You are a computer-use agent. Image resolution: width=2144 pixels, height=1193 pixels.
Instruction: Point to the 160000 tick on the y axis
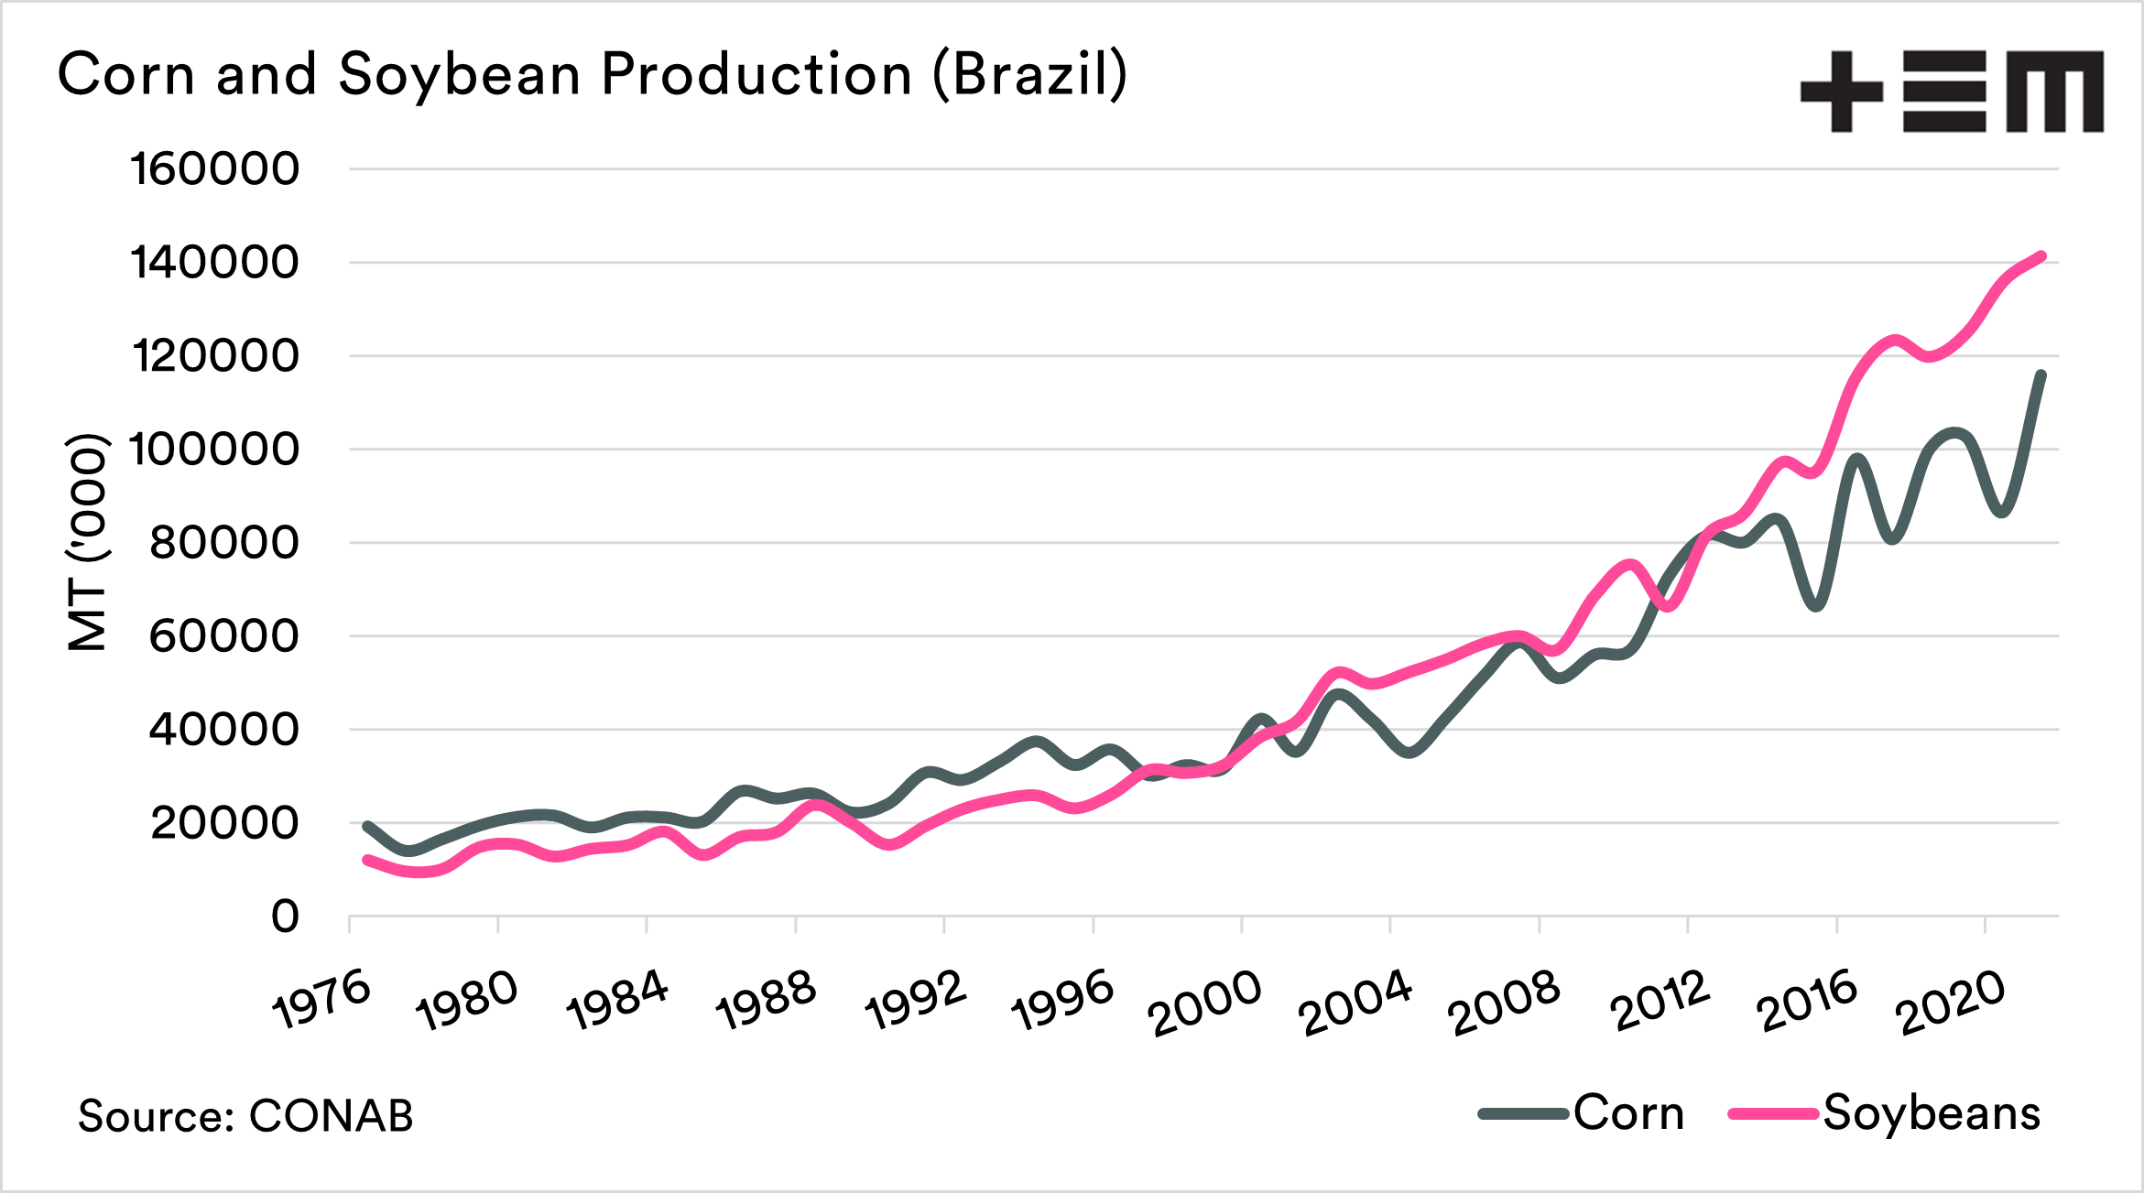click(x=214, y=169)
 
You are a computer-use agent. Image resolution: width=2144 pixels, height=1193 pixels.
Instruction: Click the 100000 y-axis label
click(x=214, y=450)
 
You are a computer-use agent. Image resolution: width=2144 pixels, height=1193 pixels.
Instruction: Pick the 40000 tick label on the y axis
click(x=223, y=730)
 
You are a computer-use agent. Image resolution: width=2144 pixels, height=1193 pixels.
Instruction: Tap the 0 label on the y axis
click(x=285, y=916)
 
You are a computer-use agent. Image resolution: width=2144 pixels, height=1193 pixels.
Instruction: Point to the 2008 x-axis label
click(x=1504, y=1003)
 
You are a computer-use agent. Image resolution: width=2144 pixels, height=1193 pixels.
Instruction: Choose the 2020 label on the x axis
click(x=1951, y=1003)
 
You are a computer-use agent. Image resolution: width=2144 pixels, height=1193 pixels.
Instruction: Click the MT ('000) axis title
click(x=88, y=542)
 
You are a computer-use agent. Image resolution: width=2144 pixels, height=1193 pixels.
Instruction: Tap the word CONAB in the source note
click(x=331, y=1116)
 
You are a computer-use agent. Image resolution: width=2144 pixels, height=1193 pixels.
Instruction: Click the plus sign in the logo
click(x=1841, y=92)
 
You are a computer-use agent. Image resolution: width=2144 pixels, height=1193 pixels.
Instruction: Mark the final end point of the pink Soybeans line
click(x=2041, y=256)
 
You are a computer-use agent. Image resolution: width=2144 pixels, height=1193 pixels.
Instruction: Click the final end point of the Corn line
click(x=2041, y=374)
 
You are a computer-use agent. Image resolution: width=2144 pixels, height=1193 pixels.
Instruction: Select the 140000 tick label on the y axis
click(x=214, y=263)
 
